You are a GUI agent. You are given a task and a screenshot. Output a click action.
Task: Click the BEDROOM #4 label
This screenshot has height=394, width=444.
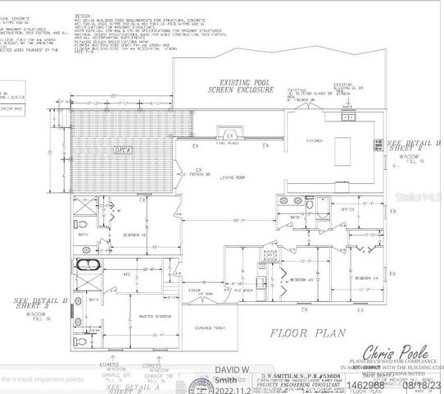(x=365, y=278)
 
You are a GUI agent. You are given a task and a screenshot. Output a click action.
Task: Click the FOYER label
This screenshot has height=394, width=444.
(x=196, y=290)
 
